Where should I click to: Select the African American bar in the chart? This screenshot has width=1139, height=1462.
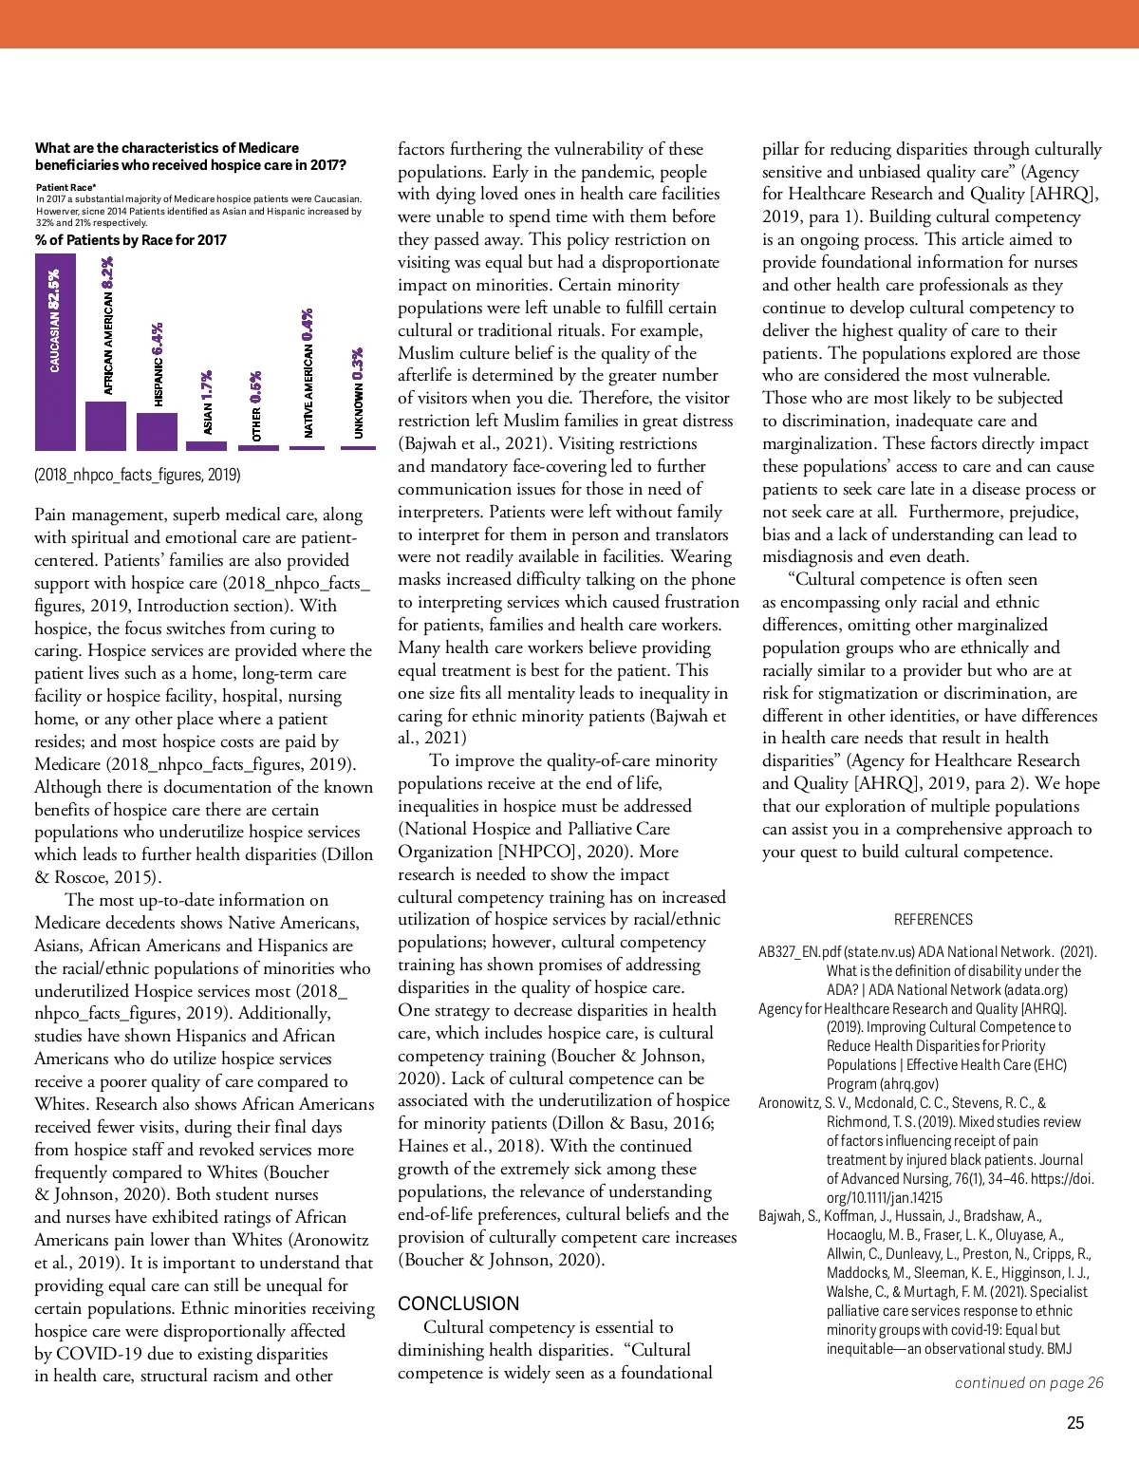point(105,425)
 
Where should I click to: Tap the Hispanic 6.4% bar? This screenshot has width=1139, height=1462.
point(157,431)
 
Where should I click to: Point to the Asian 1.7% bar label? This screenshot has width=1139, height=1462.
point(208,403)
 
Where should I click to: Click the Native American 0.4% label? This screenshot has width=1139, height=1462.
point(308,373)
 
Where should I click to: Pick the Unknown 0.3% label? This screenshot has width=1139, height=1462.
point(359,393)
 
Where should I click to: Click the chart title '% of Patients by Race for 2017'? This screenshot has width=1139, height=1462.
point(131,240)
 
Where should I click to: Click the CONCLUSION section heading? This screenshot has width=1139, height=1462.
point(458,1303)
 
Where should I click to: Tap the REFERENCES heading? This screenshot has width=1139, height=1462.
point(933,919)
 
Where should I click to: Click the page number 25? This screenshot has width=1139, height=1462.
point(1075,1422)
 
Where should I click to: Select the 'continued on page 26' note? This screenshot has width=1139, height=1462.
point(1029,1382)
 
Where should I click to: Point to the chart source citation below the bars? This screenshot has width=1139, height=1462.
point(138,474)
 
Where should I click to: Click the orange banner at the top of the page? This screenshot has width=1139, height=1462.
point(569,24)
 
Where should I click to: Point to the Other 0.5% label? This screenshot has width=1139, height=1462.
point(257,406)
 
